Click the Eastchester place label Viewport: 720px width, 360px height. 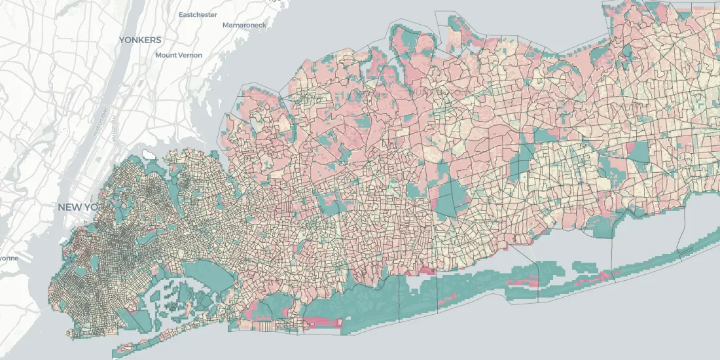198,14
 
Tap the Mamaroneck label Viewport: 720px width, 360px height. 244,25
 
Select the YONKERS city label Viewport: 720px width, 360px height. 140,40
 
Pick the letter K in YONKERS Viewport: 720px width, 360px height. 145,40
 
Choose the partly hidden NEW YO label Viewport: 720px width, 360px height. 77,207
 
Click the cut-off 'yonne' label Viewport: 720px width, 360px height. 9,258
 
